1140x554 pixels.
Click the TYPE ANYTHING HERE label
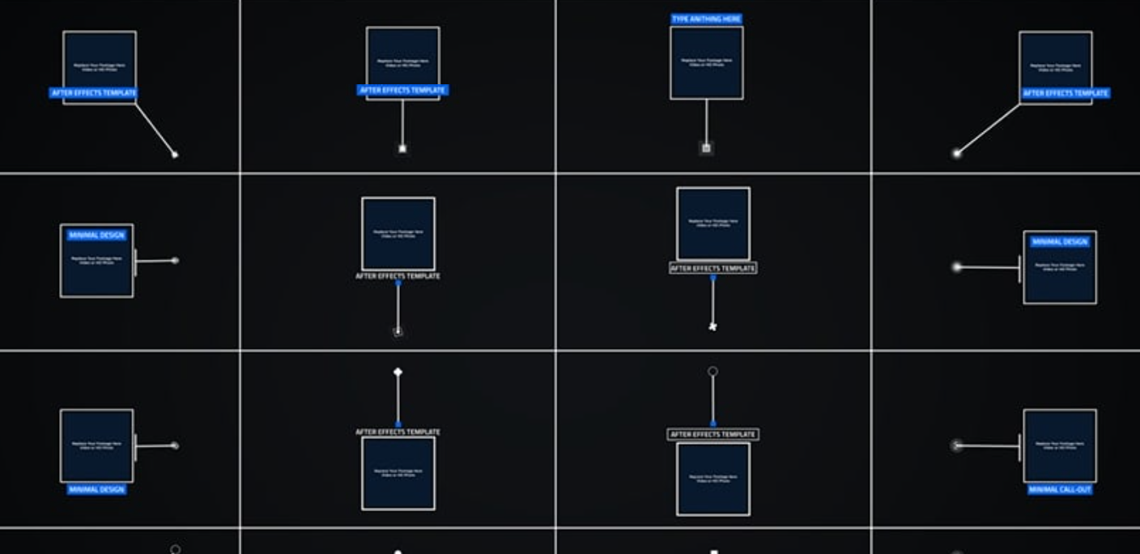[x=706, y=19]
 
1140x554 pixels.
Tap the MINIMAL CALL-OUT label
[x=1060, y=490]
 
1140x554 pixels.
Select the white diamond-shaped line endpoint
[x=398, y=373]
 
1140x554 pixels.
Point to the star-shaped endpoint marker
[x=712, y=326]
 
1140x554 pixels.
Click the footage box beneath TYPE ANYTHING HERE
[x=706, y=63]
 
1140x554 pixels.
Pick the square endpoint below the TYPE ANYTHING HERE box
[x=706, y=148]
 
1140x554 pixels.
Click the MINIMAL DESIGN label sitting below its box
[x=96, y=490]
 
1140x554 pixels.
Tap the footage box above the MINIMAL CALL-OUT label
[x=1060, y=446]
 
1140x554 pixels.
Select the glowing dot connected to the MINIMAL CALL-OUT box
[x=957, y=445]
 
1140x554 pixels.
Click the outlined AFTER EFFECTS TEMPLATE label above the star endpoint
[x=712, y=268]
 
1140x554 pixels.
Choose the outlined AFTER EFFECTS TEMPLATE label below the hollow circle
[x=712, y=435]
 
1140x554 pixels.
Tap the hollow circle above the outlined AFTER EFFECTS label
[x=712, y=372]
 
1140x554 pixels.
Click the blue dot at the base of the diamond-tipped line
[x=398, y=424]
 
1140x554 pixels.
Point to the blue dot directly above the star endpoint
[x=712, y=278]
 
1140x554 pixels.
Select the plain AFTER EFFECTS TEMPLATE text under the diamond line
[x=398, y=433]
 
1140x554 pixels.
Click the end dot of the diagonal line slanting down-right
[x=175, y=154]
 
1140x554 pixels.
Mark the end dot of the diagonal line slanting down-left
[x=957, y=153]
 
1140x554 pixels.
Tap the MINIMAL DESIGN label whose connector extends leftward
[x=1060, y=242]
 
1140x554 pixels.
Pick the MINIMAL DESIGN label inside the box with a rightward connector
[x=96, y=236]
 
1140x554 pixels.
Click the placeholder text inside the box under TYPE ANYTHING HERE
[x=706, y=61]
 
